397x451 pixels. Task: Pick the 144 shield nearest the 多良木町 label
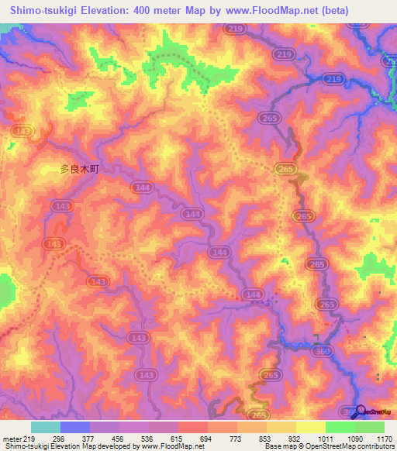click(122, 188)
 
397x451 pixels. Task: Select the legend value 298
click(60, 438)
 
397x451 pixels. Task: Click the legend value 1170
click(385, 438)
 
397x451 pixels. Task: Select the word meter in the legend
click(11, 438)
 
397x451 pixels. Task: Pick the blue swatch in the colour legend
click(75, 427)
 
